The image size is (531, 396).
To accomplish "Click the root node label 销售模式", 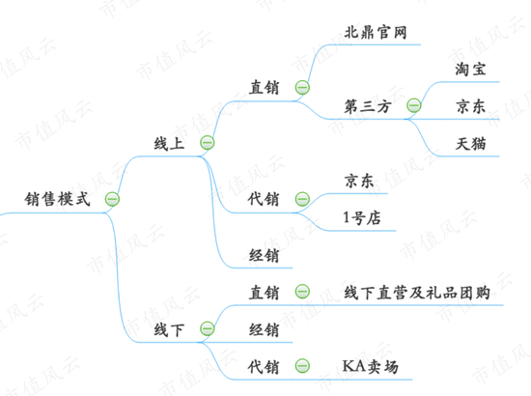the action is tap(58, 199).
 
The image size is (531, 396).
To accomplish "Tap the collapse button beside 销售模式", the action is tap(112, 199).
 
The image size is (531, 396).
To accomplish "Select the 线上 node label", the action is tap(169, 143).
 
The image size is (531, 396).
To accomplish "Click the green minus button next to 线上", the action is tap(208, 142).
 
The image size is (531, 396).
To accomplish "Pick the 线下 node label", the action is tap(169, 329).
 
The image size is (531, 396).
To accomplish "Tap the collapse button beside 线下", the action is tap(208, 328).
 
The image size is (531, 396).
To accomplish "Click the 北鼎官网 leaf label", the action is tap(376, 32).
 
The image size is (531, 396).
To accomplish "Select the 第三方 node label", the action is tap(368, 106).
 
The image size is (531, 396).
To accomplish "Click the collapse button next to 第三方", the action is tap(414, 105).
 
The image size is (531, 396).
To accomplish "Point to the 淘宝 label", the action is tap(471, 70).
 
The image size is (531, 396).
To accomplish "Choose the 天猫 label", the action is tap(471, 144).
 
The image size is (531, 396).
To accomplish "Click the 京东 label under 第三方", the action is tap(471, 106).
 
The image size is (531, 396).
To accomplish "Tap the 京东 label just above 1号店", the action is tap(359, 181).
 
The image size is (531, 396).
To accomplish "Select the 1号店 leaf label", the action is tap(362, 218).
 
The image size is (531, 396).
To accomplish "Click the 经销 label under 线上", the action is tap(265, 255).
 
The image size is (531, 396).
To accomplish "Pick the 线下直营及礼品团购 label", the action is tap(417, 293).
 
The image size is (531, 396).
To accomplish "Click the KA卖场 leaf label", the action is tap(371, 366).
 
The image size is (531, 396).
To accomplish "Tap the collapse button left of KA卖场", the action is tap(302, 366).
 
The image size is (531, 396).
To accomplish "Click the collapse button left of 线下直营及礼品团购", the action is tap(302, 292).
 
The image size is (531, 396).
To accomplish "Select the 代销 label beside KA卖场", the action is tap(264, 367).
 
